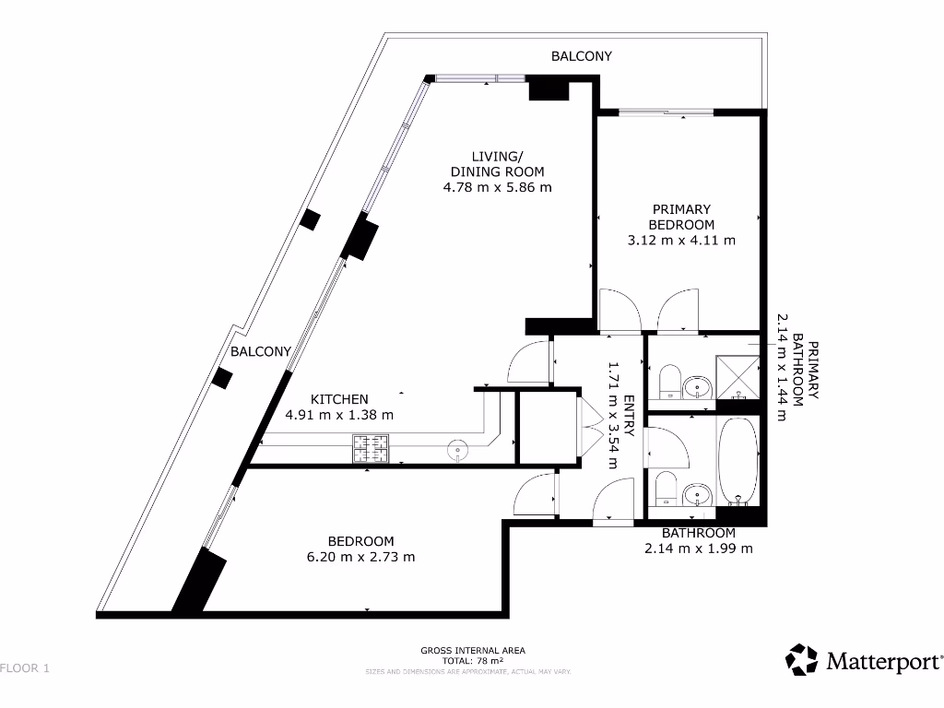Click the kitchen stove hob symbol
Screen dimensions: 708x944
(x=371, y=449)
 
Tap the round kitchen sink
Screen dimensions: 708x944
(x=458, y=450)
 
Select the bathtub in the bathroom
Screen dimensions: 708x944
(x=738, y=461)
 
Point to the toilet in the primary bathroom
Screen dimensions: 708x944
(x=669, y=381)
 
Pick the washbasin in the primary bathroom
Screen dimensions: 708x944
(x=701, y=386)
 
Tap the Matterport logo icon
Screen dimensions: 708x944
(x=801, y=660)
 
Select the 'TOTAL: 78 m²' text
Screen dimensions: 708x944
(x=472, y=661)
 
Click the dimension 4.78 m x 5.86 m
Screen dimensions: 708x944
(x=497, y=188)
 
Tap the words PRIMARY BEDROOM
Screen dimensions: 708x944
(x=681, y=217)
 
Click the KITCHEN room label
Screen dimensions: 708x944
(x=339, y=399)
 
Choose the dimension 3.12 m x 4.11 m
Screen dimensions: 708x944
(x=681, y=241)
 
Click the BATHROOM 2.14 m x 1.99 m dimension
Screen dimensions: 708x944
(x=698, y=549)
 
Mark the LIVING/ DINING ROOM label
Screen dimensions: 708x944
(x=497, y=163)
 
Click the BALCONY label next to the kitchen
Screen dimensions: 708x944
(x=261, y=351)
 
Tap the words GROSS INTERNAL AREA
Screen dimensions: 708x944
(x=472, y=650)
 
